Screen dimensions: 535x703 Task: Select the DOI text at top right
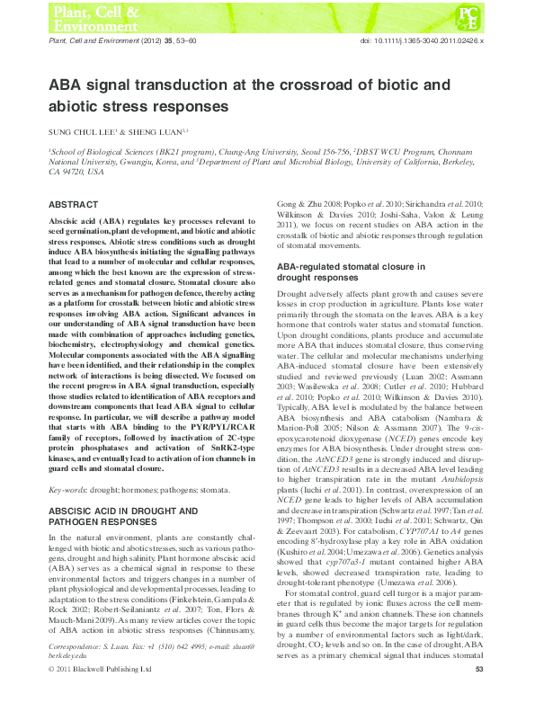(x=423, y=41)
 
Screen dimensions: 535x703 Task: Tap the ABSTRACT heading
(x=75, y=205)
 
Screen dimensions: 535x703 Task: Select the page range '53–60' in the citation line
(x=169, y=41)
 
